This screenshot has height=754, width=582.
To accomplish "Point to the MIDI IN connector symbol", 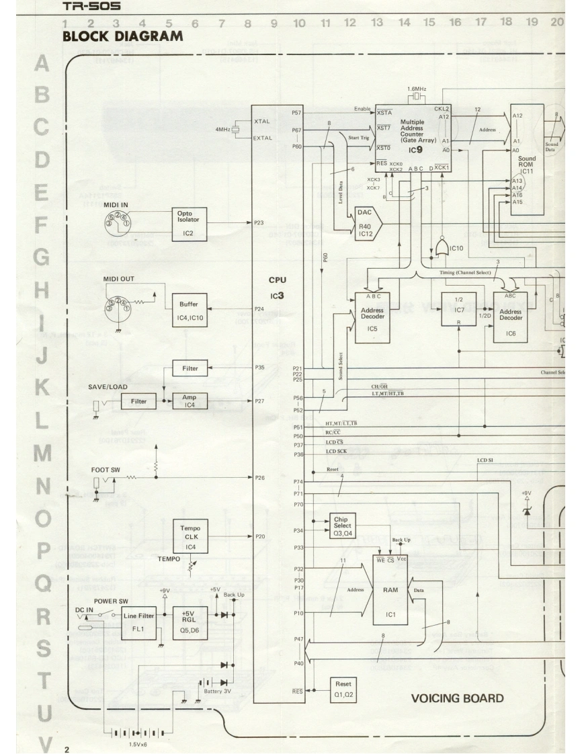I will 118,220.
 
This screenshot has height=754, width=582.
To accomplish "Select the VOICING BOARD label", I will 457,699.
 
